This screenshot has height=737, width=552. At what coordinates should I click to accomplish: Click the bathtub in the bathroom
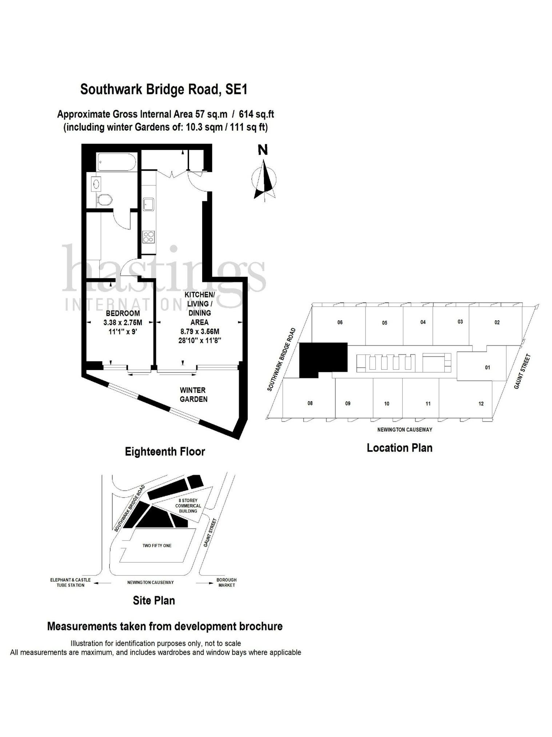click(116, 162)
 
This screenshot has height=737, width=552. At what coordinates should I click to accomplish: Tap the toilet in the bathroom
click(105, 199)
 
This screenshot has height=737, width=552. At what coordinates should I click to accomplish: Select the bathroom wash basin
click(96, 184)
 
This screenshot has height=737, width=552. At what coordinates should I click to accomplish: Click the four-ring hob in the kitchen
click(149, 237)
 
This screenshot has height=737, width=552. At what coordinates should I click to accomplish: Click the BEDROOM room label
click(123, 313)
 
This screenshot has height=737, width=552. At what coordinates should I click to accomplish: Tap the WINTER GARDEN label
click(193, 395)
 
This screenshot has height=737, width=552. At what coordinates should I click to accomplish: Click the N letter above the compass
click(263, 150)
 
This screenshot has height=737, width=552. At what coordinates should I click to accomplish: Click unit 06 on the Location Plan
click(340, 322)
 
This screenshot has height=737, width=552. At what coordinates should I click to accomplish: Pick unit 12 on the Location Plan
click(481, 403)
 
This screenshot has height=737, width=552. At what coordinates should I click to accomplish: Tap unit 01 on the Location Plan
click(487, 367)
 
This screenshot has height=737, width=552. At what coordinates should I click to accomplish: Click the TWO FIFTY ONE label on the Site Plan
click(157, 546)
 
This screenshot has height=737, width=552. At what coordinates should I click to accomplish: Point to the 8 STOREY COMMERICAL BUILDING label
click(188, 506)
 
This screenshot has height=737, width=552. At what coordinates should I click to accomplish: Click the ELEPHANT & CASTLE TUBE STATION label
click(71, 582)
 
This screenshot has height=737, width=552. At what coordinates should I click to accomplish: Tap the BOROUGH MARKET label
click(226, 582)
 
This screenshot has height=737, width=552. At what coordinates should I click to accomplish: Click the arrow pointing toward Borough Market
click(205, 583)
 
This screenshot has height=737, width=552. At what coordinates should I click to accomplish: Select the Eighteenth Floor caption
click(165, 452)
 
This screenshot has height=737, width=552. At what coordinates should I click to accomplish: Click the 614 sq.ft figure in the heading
click(256, 114)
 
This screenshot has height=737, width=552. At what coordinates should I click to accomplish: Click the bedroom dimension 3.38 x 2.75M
click(123, 322)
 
